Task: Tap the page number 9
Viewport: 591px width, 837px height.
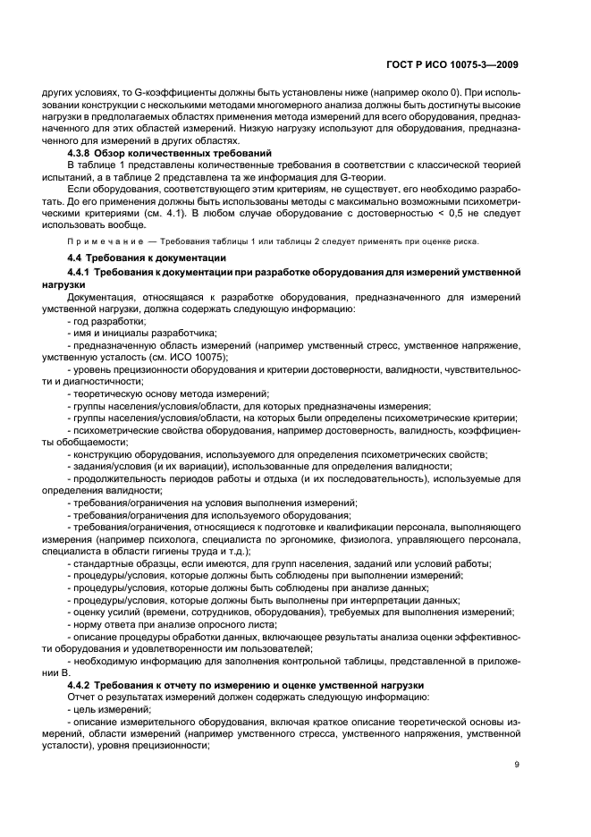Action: (x=518, y=764)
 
